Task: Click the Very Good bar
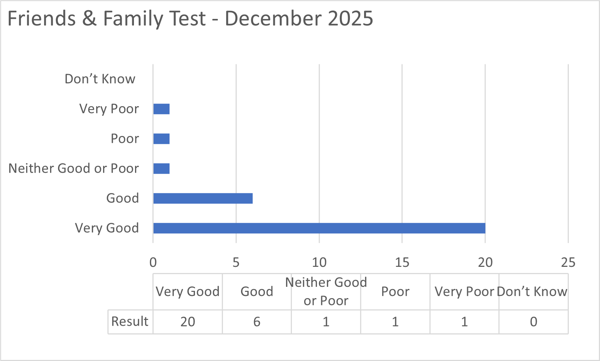tap(319, 228)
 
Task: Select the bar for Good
tap(203, 198)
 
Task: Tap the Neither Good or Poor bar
tap(162, 169)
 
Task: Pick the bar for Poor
tap(162, 139)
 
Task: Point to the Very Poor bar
tap(162, 109)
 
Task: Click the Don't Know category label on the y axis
tap(100, 79)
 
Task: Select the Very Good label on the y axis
tap(107, 228)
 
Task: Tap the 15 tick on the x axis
tap(402, 262)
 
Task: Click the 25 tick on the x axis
tap(568, 262)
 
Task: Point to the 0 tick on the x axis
tap(153, 262)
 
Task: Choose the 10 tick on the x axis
tap(319, 262)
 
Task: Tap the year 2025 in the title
tap(350, 19)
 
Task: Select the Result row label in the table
tap(130, 321)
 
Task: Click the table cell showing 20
tap(188, 322)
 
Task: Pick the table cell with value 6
tap(257, 322)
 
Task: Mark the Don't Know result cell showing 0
tap(533, 322)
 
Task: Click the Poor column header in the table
tap(395, 292)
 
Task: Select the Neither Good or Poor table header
tap(326, 292)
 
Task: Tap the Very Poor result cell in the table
tap(464, 322)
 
